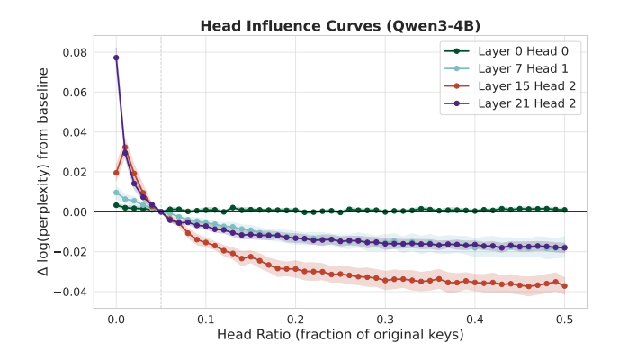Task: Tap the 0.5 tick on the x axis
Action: point(565,319)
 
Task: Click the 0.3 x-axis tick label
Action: point(385,319)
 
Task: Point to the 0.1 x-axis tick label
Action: point(206,319)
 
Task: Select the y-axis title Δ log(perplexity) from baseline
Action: point(42,172)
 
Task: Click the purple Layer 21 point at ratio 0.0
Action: point(116,58)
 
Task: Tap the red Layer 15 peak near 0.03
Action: point(125,147)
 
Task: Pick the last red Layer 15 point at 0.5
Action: point(565,286)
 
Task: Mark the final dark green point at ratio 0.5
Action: point(565,210)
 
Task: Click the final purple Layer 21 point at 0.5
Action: point(565,247)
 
